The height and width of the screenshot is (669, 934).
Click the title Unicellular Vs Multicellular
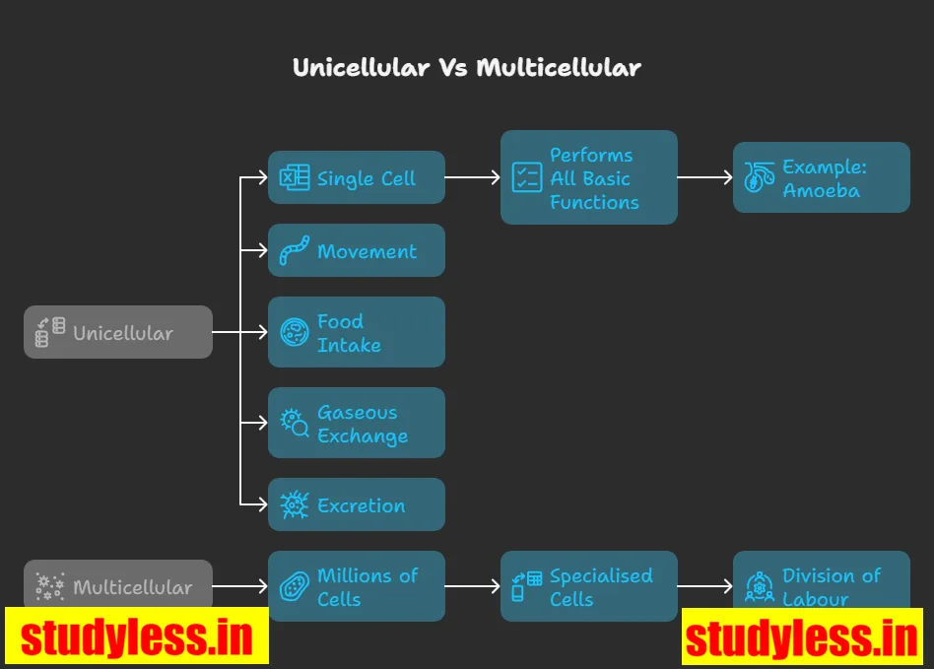point(467,67)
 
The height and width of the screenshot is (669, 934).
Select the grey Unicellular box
point(118,332)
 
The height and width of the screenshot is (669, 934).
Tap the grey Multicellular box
point(118,582)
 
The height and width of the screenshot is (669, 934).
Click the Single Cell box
point(357,177)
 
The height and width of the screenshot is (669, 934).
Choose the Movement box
point(357,250)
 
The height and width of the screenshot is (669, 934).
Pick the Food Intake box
point(357,333)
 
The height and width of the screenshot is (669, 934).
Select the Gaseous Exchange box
point(357,423)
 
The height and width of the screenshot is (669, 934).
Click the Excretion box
point(357,504)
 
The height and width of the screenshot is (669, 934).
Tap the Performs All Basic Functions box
point(589,177)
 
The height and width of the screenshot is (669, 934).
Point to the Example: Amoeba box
point(822,177)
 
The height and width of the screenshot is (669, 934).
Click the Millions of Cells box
point(357,586)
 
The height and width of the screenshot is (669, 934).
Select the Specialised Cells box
point(589,586)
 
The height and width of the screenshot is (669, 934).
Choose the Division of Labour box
point(822,581)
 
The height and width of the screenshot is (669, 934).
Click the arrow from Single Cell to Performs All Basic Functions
point(473,177)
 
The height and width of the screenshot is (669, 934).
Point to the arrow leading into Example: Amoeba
point(705,177)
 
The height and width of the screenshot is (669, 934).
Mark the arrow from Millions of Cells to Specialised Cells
point(473,586)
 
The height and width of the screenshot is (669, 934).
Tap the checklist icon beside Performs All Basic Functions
point(527,177)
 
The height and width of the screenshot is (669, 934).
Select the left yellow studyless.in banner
point(137,636)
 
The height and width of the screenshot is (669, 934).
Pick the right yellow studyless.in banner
point(802,636)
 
